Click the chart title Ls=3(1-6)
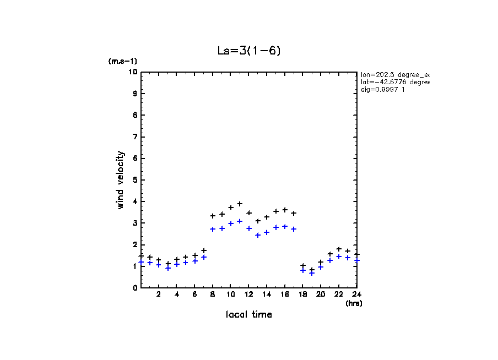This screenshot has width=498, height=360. click(250, 51)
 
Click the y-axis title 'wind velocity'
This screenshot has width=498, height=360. click(121, 180)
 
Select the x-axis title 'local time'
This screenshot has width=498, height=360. click(248, 314)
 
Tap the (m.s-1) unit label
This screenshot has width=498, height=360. click(122, 61)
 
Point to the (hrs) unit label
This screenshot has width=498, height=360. click(354, 303)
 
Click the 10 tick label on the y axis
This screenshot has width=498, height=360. click(132, 72)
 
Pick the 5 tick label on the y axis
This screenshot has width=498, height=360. click(134, 180)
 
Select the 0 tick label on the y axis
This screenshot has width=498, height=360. click(134, 287)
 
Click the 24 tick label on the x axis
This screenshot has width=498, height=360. click(357, 294)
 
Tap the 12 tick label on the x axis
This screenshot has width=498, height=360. click(249, 294)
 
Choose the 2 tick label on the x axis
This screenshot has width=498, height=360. click(159, 294)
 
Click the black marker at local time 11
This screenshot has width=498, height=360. click(240, 204)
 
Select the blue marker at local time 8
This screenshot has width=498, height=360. click(213, 229)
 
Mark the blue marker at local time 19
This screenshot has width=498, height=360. click(312, 273)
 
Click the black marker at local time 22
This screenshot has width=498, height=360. click(339, 249)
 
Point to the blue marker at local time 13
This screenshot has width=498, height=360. click(258, 235)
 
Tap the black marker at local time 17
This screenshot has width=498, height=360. click(294, 213)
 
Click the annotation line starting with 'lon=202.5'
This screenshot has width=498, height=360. click(394, 74)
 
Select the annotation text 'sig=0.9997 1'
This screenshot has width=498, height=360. click(383, 90)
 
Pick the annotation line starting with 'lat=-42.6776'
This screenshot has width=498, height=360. click(394, 82)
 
